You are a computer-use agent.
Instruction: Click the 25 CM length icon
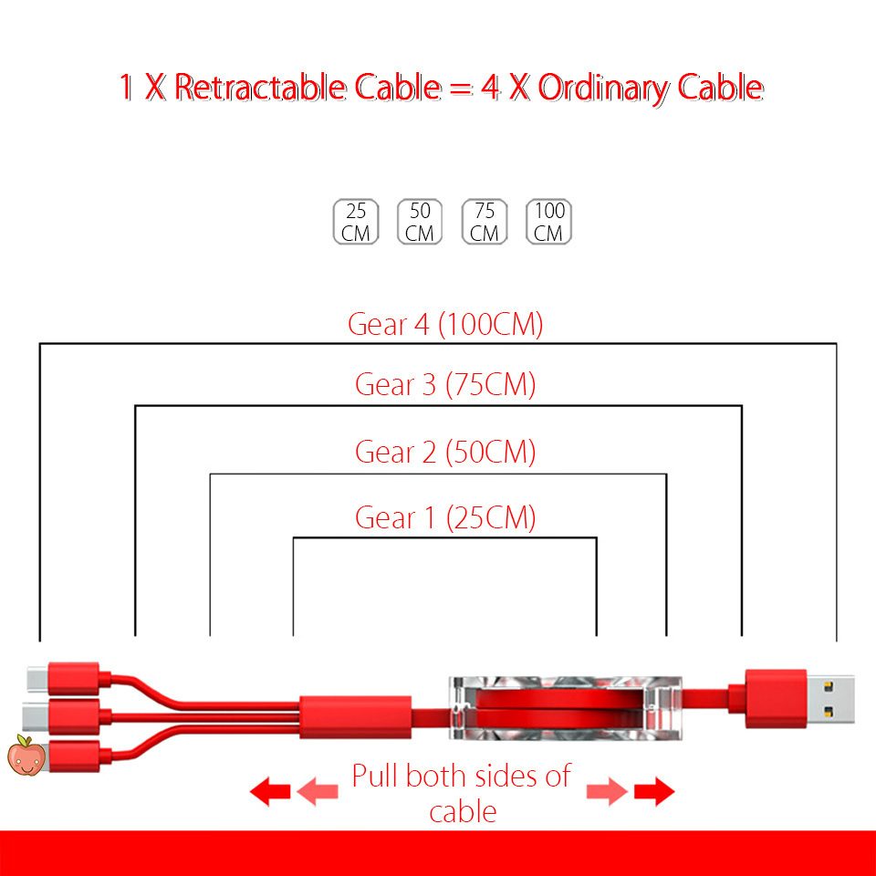(356, 222)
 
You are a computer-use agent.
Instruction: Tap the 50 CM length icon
(420, 222)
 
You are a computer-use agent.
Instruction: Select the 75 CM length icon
(485, 222)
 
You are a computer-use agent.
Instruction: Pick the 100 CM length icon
(548, 222)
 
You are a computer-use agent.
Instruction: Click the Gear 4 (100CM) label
(445, 325)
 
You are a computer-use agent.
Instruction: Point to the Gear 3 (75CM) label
(445, 385)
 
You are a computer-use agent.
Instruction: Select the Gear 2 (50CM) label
(445, 452)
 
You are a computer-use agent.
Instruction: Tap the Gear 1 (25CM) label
(445, 518)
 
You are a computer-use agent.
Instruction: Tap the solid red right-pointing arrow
(654, 791)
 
